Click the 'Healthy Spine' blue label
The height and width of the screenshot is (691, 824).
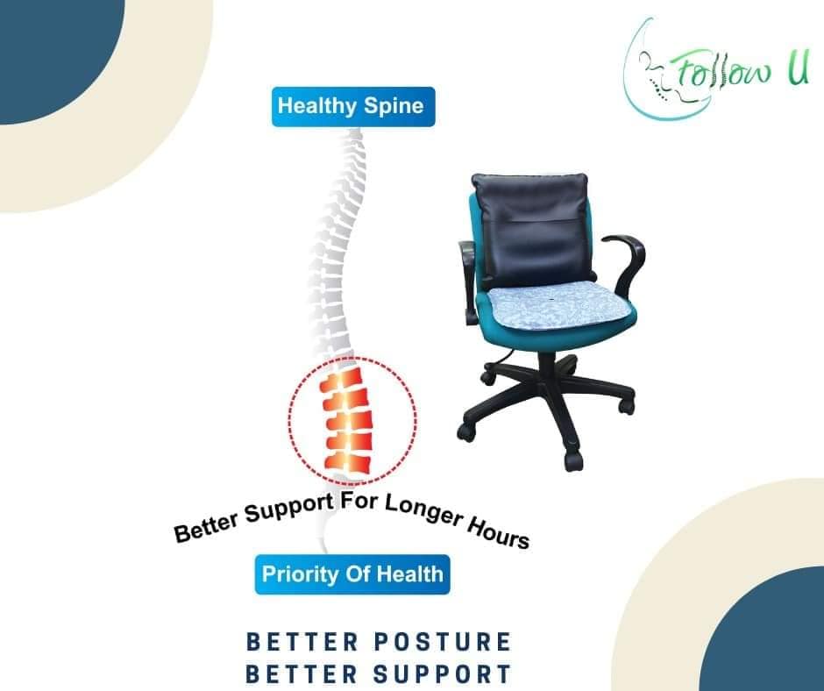pos(353,107)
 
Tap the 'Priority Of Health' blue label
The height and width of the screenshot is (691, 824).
pos(352,574)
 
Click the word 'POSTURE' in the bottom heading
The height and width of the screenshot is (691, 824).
pos(443,642)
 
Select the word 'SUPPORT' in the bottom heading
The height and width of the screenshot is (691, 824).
pos(443,674)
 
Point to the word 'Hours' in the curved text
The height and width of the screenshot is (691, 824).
pos(499,532)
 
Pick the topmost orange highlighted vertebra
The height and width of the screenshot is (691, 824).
pos(342,379)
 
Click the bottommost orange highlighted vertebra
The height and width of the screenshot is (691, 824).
pos(348,461)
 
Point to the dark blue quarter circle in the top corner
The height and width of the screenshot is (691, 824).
pos(58,58)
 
